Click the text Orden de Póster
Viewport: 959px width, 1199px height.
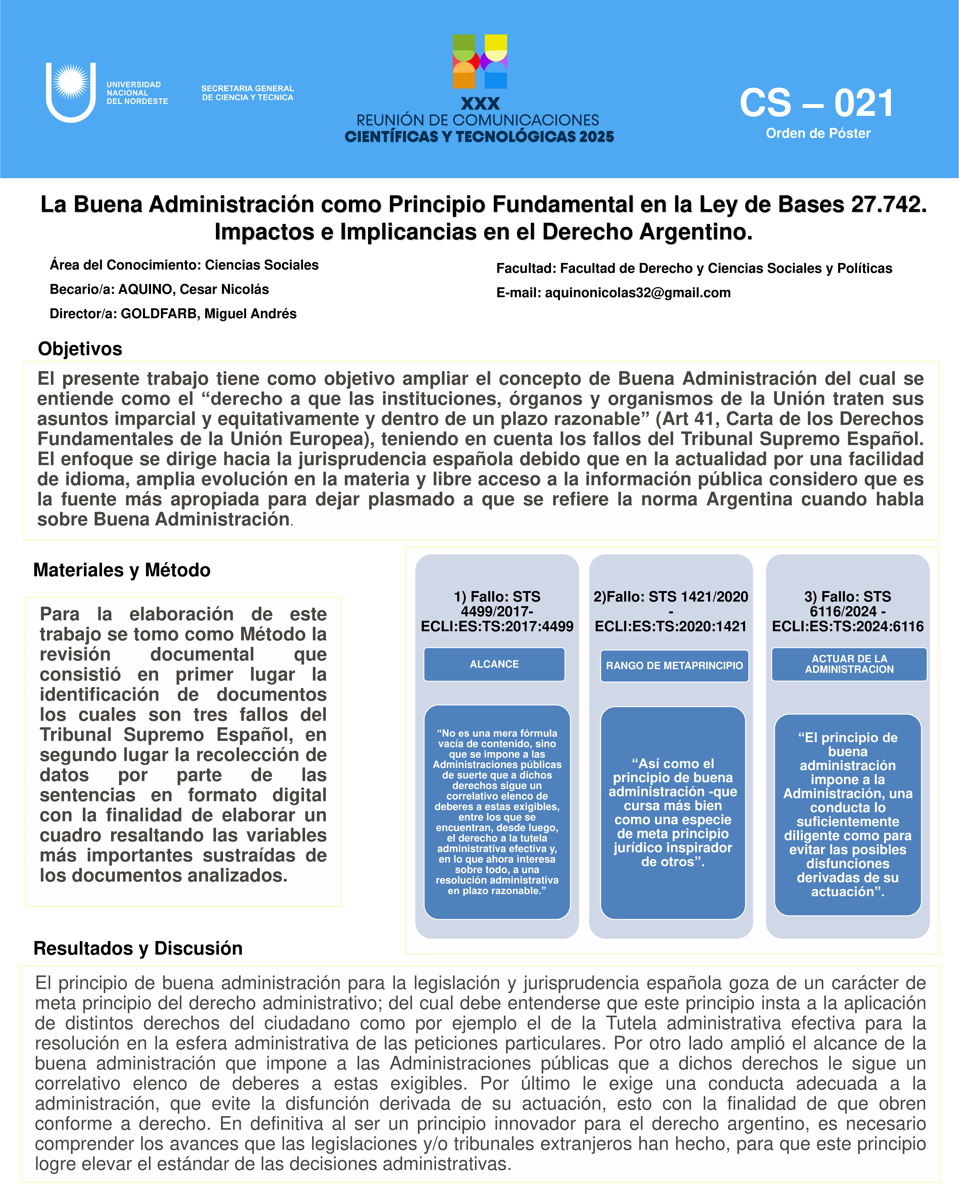[x=818, y=134]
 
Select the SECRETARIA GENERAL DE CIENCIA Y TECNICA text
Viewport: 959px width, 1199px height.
[x=247, y=93]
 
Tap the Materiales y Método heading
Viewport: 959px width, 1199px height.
[x=122, y=570]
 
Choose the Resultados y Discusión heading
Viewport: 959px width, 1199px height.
[x=138, y=948]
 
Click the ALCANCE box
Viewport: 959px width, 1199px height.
[x=494, y=664]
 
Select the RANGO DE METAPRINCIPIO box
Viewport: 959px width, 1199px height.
[x=674, y=666]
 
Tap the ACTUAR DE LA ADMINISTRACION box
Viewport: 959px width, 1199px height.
[x=849, y=664]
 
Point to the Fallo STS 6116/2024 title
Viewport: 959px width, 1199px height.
[x=847, y=611]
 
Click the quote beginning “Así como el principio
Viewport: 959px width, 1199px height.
[x=673, y=812]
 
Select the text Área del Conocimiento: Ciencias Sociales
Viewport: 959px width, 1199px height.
[x=184, y=265]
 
